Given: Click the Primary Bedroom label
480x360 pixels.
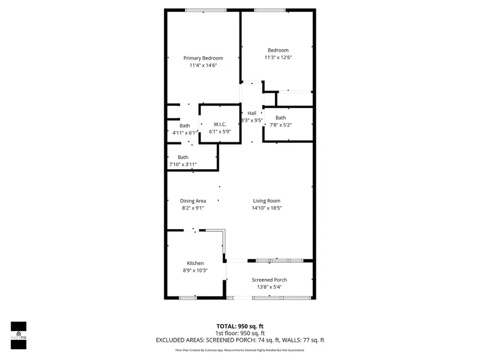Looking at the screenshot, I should [x=203, y=58].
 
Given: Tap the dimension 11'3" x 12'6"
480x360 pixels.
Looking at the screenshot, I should [x=278, y=58].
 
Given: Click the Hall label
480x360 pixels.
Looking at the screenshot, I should [x=252, y=113].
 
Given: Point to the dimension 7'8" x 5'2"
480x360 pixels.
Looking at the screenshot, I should [x=281, y=125].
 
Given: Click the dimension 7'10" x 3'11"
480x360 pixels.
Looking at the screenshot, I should [x=183, y=164].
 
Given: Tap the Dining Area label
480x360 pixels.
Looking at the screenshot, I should [x=193, y=201].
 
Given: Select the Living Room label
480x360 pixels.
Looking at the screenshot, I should [x=267, y=201].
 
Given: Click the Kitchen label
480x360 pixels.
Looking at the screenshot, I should [x=195, y=263].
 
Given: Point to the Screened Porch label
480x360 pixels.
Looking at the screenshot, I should [x=269, y=280].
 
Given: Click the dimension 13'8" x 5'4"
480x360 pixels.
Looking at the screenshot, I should [x=269, y=287].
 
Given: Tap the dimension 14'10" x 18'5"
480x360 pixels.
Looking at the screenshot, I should [x=267, y=208].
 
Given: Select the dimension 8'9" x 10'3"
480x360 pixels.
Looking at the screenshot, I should [x=195, y=270].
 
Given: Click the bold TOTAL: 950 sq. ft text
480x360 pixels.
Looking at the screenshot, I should [x=240, y=326].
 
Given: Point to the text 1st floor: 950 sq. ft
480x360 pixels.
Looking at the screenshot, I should [x=240, y=333].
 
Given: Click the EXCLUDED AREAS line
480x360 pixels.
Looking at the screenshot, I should [x=240, y=340].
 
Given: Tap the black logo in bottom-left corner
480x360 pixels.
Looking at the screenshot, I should [x=19, y=335].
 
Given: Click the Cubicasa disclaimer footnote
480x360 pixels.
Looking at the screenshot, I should [x=240, y=350].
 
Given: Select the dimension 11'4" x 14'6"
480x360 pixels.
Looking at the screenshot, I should [x=203, y=65].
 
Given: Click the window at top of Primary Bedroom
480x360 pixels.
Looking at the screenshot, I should [x=205, y=10].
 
